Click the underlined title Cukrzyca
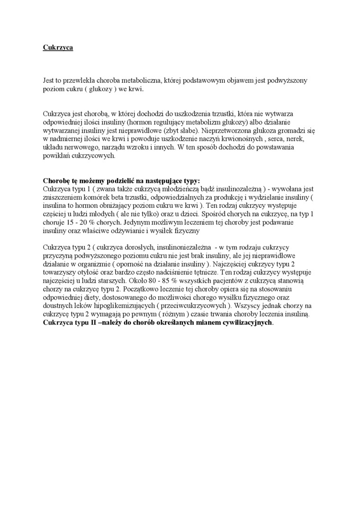58,47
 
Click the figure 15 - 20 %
84,222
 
